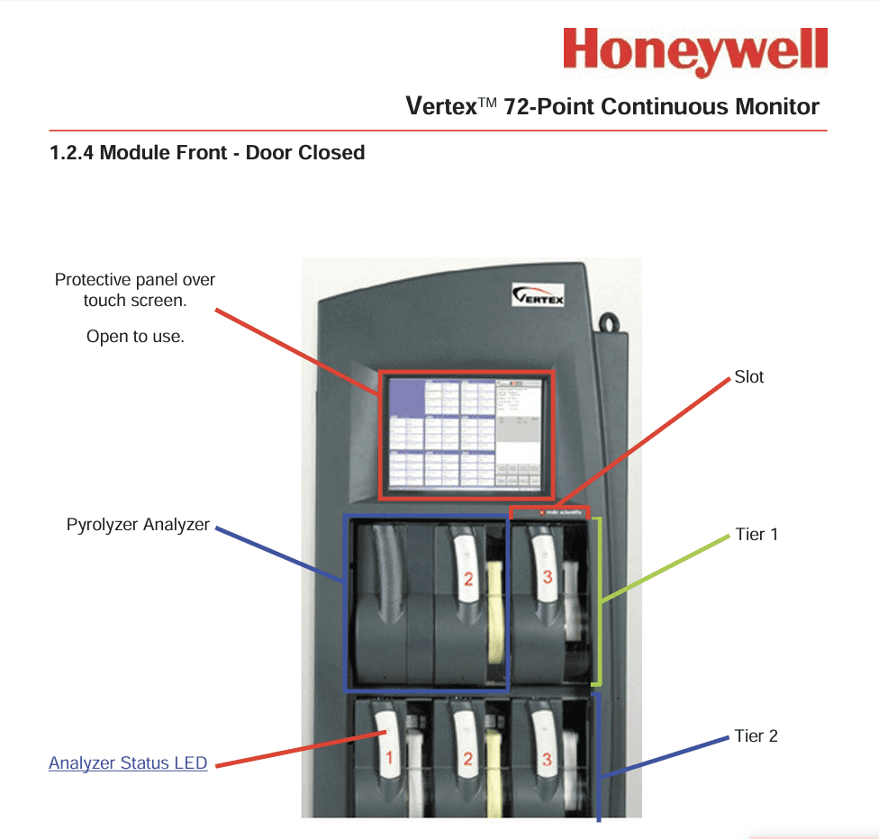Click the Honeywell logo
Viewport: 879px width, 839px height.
pos(694,51)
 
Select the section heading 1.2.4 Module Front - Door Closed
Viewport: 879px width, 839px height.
pos(207,153)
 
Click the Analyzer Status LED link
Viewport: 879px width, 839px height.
pos(128,763)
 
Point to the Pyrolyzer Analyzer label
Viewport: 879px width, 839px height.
pos(138,525)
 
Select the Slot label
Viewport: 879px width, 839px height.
pos(748,377)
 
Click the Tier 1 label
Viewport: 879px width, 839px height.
pos(756,535)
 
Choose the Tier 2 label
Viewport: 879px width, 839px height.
pos(756,736)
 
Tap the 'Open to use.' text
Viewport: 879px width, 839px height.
pos(135,338)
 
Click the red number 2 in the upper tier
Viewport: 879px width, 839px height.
pos(467,580)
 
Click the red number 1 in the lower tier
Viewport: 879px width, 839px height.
pos(389,758)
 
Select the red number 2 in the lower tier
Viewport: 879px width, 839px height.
pos(467,759)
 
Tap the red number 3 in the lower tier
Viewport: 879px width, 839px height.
pos(547,759)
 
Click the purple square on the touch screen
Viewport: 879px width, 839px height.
pos(408,398)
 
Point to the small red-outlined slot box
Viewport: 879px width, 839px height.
pos(549,512)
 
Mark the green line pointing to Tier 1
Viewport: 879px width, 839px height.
pos(666,567)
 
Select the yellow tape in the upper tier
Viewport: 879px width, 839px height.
pos(494,621)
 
